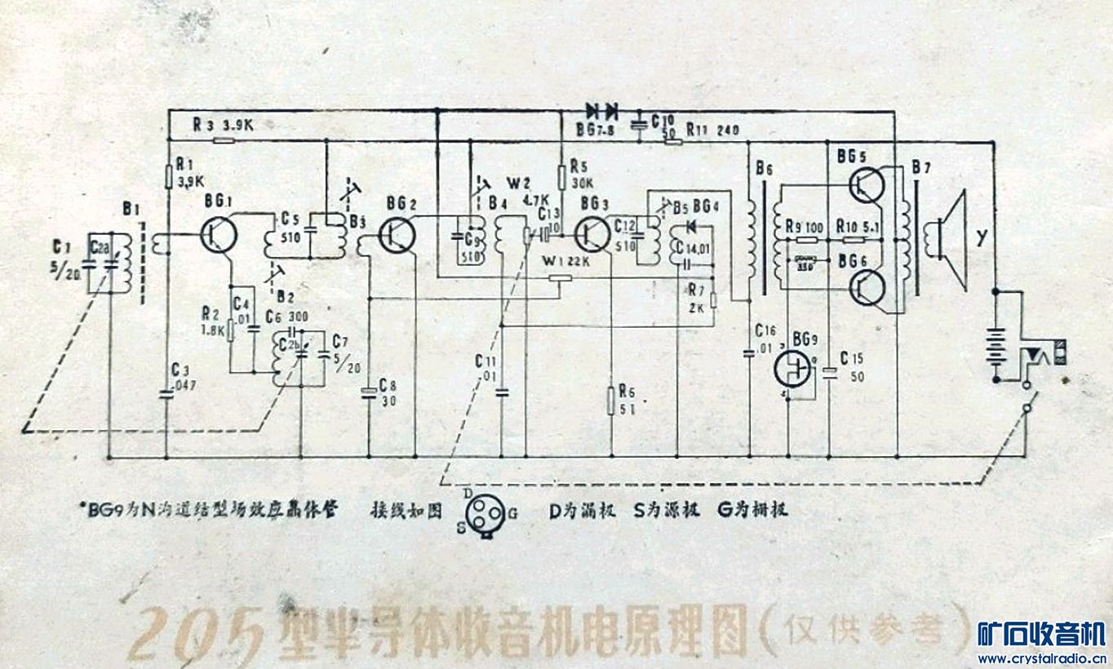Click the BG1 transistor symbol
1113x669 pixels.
[x=219, y=234]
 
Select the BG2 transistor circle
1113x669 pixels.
[x=397, y=235]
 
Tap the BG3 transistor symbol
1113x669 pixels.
[x=591, y=234]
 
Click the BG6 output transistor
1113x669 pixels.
[x=867, y=286]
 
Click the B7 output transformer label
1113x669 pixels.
[x=921, y=169]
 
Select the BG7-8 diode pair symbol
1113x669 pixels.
[x=601, y=109]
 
